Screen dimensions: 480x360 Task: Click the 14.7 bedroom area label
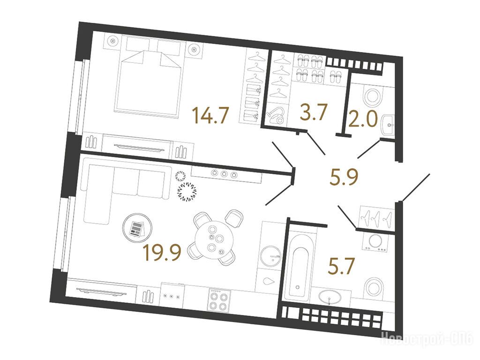(210, 115)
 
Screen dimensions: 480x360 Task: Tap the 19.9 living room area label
(163, 253)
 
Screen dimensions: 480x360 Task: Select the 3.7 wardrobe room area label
(314, 112)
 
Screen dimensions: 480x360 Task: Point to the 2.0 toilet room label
(363, 119)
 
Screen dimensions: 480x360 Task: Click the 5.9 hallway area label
(344, 177)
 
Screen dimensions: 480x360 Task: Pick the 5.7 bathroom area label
(341, 266)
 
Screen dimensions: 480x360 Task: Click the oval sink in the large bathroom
(330, 297)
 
